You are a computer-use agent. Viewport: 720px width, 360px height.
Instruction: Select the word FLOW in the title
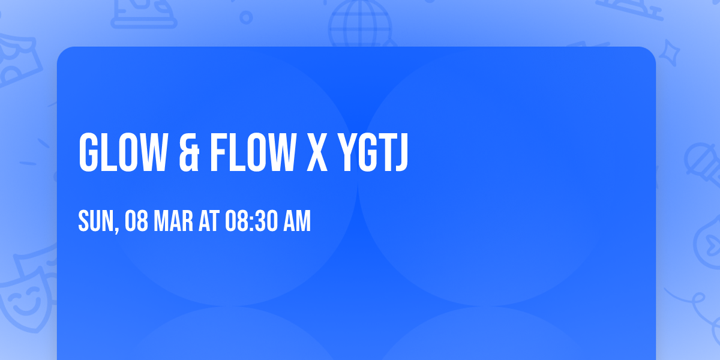[x=253, y=152]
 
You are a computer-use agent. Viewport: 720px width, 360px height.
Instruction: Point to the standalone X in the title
[x=317, y=152]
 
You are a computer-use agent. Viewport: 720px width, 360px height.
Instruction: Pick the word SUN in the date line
[x=96, y=222]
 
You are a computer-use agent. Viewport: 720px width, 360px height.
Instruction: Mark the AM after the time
[x=296, y=222]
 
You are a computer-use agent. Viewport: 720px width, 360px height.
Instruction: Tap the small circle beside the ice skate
[x=246, y=17]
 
